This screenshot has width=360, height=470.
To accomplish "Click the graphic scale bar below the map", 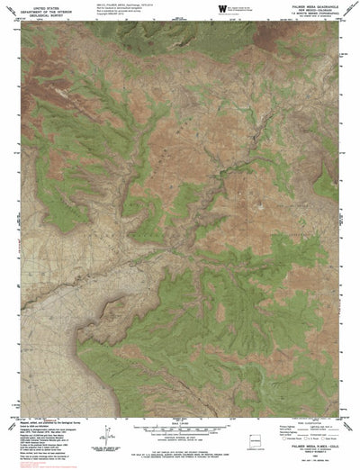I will [180, 426].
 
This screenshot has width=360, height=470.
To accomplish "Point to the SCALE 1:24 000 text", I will [180, 420].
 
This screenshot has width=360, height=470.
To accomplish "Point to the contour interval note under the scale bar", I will [180, 433].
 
